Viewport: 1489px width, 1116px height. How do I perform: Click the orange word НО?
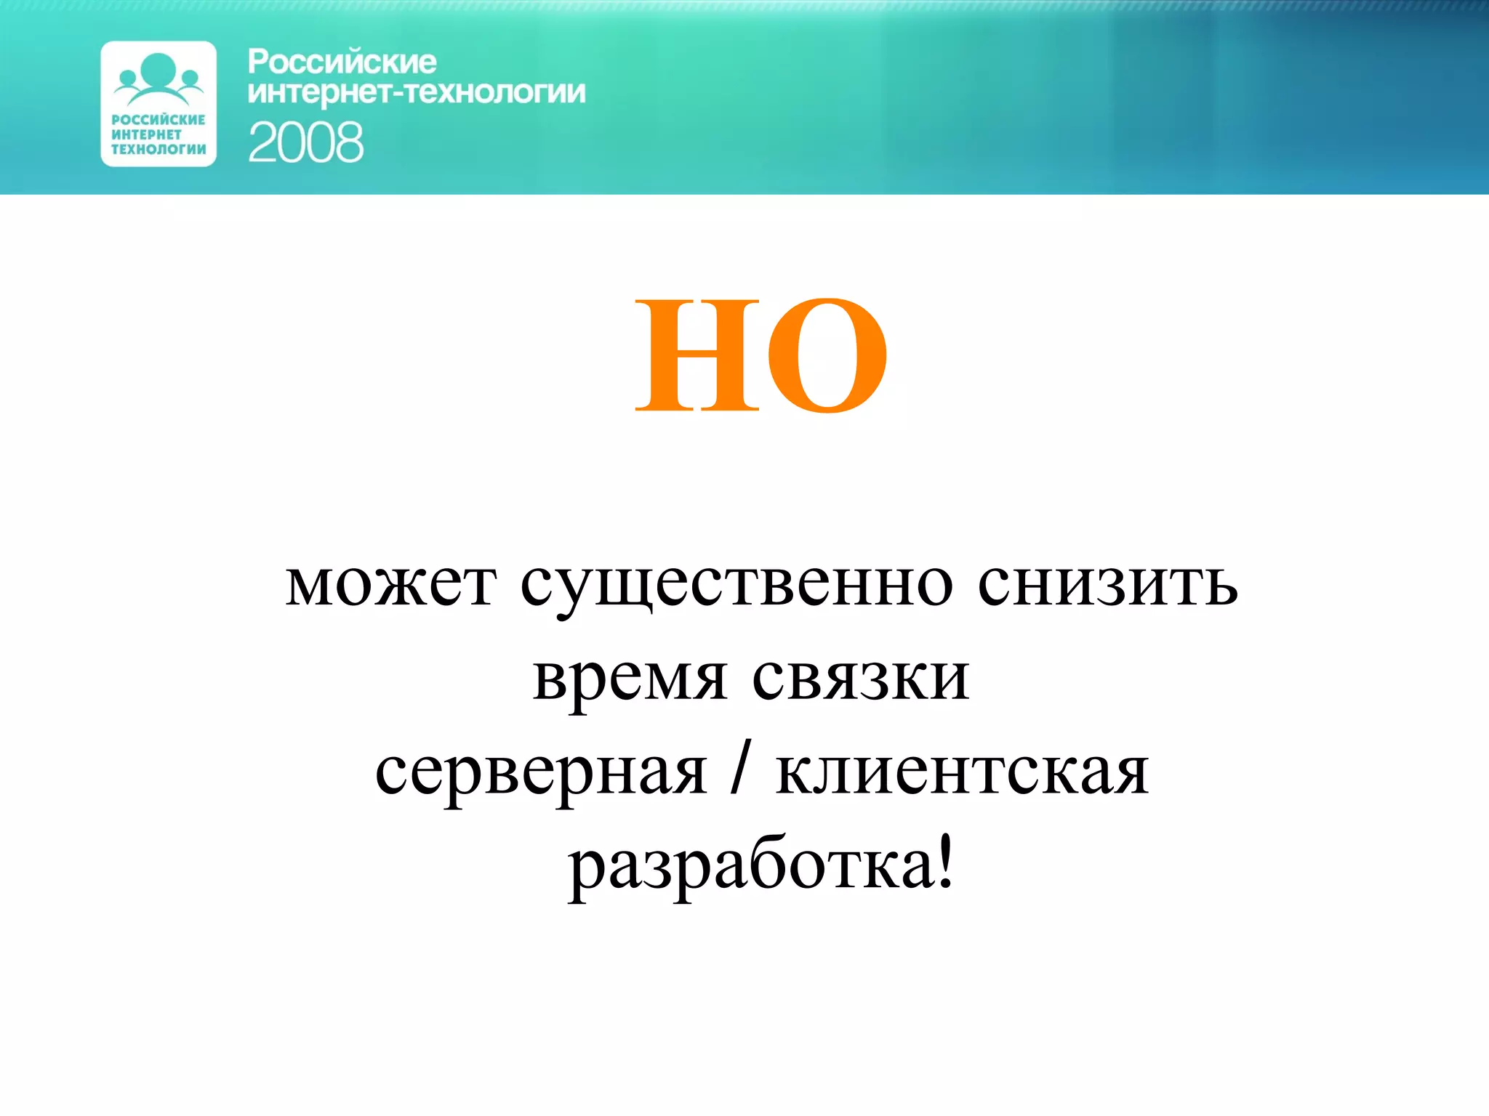tap(761, 355)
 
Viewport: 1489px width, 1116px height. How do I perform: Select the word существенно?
tap(736, 586)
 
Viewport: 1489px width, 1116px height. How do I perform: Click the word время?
tap(630, 679)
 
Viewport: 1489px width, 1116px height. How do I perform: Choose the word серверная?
tap(540, 773)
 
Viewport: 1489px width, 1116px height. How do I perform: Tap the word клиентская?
tap(963, 772)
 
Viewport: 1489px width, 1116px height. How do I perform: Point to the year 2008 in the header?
tap(305, 142)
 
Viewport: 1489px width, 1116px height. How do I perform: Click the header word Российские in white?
tap(342, 62)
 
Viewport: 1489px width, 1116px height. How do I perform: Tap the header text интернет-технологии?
tap(417, 93)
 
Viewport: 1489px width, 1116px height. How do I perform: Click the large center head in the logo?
tap(158, 69)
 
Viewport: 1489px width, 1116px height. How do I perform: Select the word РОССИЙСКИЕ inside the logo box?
tap(158, 120)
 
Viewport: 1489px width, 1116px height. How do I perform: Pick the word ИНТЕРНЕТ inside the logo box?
tap(146, 134)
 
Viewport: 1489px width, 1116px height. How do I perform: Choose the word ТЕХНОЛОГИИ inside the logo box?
tap(158, 150)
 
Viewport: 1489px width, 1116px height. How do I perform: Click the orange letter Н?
tap(698, 355)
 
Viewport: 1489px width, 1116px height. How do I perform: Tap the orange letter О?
tap(827, 355)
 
